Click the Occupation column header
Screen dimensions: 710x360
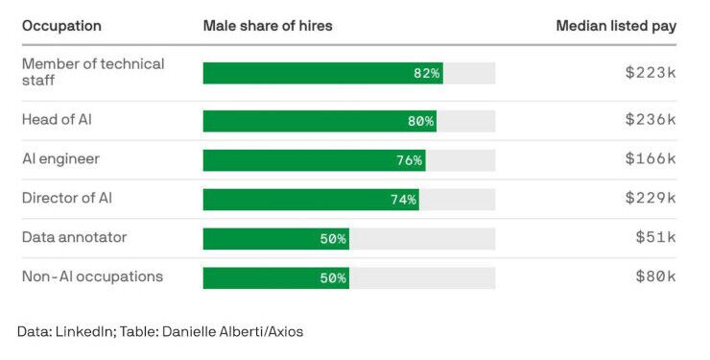[61, 26]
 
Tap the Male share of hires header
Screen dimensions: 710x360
[268, 26]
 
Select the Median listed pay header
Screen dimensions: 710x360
[616, 26]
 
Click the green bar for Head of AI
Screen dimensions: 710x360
[319, 121]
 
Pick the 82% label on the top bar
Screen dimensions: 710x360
[426, 73]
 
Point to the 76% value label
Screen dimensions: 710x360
[410, 160]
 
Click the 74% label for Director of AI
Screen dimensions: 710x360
[403, 200]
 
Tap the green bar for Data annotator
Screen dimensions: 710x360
[276, 239]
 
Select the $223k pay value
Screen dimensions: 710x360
[651, 72]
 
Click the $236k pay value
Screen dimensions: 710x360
[651, 119]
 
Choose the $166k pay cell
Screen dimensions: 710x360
[651, 158]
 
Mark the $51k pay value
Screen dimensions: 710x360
[655, 237]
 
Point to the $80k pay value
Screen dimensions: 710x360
[655, 276]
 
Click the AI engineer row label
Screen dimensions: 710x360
[60, 159]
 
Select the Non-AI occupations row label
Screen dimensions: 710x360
[92, 276]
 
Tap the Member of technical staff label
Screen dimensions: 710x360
[93, 72]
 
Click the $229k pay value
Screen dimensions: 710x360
[651, 198]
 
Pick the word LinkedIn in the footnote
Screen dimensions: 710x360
[83, 331]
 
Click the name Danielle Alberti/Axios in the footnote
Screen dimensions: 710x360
[233, 331]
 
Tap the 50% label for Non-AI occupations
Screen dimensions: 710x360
[333, 277]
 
